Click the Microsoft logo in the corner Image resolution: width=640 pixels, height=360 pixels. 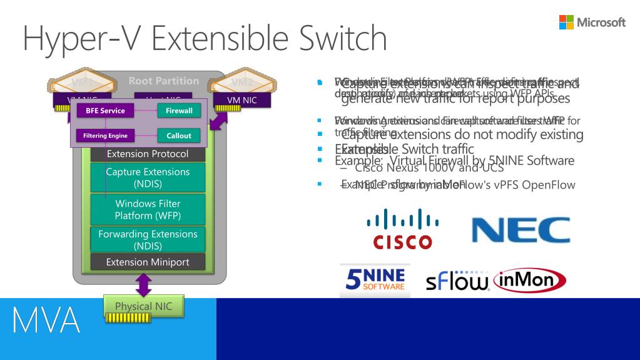pos(592,23)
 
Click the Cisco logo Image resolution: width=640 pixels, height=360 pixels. pos(402,229)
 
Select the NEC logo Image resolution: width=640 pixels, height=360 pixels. pos(521,230)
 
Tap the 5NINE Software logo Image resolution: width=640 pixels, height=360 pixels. pos(375,280)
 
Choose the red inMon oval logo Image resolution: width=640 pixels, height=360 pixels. pos(530,280)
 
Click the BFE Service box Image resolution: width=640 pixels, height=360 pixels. pos(101,111)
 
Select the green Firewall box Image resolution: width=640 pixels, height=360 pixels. pos(179,111)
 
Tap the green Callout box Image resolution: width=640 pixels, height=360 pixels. pos(179,135)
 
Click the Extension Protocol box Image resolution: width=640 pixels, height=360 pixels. pos(148,154)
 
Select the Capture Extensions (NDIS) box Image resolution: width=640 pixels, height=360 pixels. pos(148,177)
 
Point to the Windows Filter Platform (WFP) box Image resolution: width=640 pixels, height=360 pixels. pos(148,209)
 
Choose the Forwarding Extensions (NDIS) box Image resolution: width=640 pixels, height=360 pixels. pos(148,240)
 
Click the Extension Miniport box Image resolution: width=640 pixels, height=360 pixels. pos(148,262)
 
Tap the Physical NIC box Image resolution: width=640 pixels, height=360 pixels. pos(143,307)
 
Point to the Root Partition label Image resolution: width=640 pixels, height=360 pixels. pos(163,81)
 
